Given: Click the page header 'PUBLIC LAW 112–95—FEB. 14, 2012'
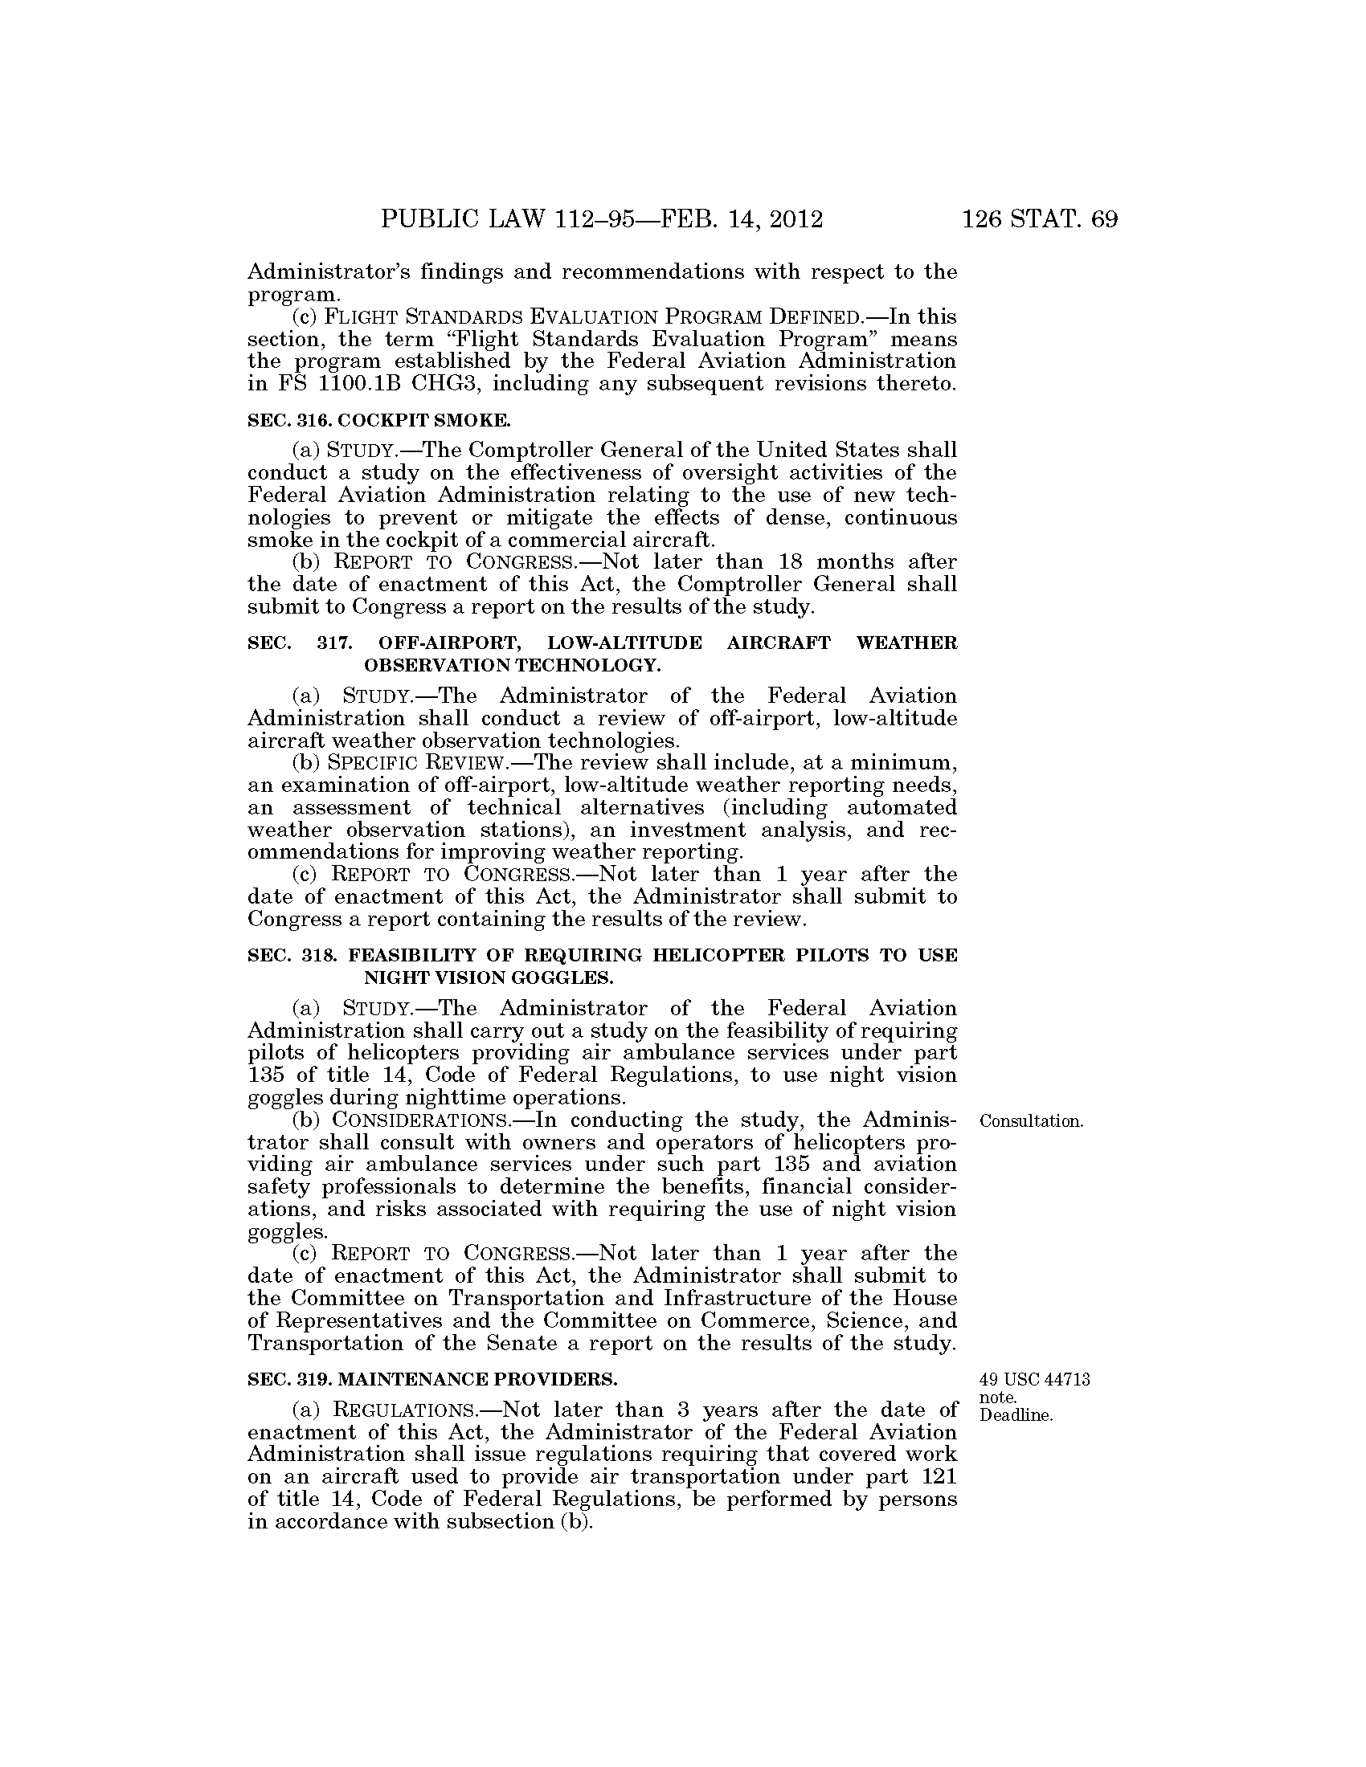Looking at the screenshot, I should pos(601,219).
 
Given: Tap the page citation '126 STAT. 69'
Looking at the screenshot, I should pos(1040,219).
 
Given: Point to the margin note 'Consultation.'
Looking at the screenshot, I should pos(1031,1121).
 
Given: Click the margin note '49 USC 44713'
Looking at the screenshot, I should pos(1034,1379).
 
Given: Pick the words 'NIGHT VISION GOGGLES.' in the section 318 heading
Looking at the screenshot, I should pos(489,977).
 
